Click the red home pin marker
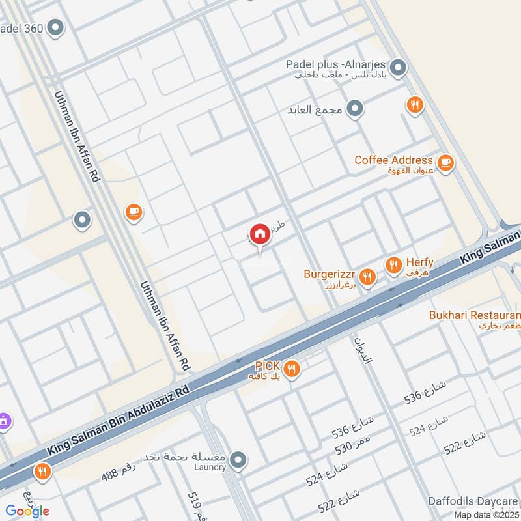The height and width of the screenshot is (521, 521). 259,234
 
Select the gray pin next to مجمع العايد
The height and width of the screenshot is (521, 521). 354,109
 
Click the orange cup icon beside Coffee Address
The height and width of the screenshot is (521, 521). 445,163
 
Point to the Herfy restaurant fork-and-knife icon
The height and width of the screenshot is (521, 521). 393,265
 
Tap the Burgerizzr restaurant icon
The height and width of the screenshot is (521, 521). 368,277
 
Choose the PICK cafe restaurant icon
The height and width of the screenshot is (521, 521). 292,369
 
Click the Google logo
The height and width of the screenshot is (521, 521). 28,511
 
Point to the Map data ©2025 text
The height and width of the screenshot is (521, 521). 486,515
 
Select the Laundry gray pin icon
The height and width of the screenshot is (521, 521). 238,460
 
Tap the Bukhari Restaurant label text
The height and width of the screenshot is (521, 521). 474,315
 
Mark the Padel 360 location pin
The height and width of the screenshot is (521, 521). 56,28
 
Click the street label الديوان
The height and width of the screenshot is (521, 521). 362,350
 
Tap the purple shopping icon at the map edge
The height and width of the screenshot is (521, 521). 4,421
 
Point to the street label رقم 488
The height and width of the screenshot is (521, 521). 119,473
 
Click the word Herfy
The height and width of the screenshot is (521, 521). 419,262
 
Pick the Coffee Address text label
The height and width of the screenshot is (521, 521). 393,160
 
